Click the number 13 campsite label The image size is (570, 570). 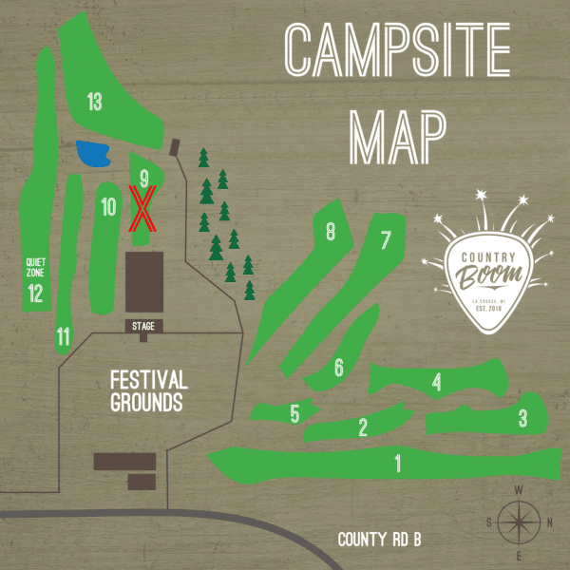click(94, 102)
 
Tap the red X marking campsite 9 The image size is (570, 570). click(143, 209)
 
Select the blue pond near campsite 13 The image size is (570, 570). click(93, 153)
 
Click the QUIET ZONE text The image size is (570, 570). click(36, 267)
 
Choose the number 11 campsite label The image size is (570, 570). click(64, 335)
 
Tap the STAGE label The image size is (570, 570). click(143, 326)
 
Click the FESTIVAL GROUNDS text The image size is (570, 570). click(148, 390)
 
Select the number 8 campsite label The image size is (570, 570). click(331, 231)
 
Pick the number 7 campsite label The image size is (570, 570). click(386, 240)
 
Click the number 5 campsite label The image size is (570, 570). click(294, 414)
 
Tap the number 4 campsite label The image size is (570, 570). click(436, 383)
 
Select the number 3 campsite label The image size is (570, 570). click(522, 417)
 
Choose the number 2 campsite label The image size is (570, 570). click(363, 427)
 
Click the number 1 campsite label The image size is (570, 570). click(397, 464)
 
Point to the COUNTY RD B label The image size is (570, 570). click(380, 540)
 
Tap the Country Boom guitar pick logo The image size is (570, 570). click(491, 275)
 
